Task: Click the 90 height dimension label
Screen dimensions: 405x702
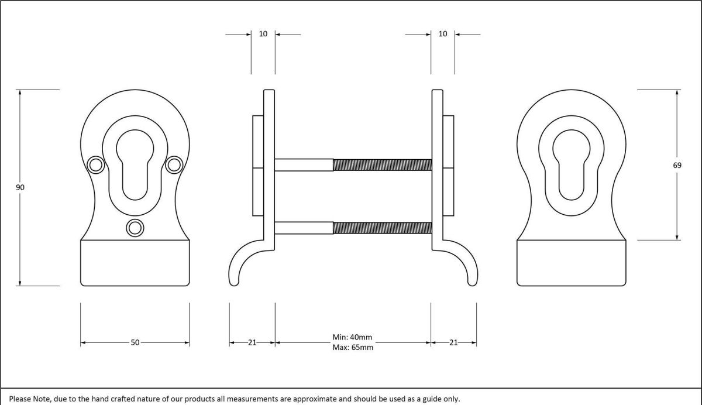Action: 20,187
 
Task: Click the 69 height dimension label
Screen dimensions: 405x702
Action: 677,166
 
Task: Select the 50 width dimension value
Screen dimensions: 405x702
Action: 135,342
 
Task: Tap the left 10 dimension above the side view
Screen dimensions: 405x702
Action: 263,34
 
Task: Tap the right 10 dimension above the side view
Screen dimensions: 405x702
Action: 443,34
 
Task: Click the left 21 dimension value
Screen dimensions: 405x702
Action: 252,342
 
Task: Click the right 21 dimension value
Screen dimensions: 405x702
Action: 453,342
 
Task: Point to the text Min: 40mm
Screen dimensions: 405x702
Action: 352,337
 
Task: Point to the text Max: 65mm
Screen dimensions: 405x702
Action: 352,347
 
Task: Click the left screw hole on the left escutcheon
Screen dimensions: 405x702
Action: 94,165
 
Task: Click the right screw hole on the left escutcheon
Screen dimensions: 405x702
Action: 173,165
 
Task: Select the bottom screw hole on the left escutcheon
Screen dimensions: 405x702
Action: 135,227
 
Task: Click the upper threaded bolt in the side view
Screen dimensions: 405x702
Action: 382,165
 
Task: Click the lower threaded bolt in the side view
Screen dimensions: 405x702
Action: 382,228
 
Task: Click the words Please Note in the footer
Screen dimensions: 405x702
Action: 29,399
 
